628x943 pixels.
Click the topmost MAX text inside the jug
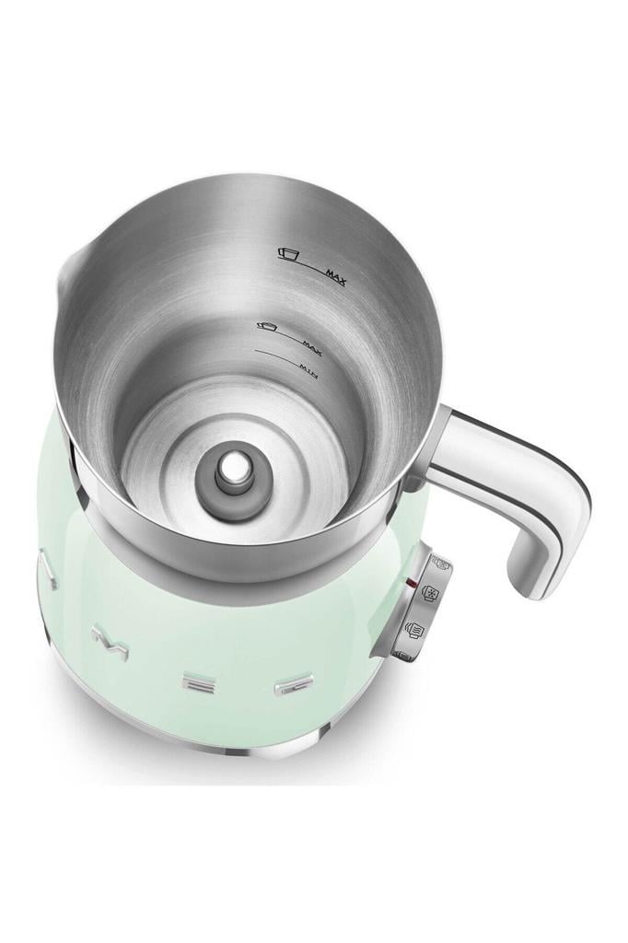334,274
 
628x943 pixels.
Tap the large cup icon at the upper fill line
292,252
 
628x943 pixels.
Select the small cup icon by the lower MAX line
268,325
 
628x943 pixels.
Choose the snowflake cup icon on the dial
430,594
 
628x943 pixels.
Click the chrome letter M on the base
110,640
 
